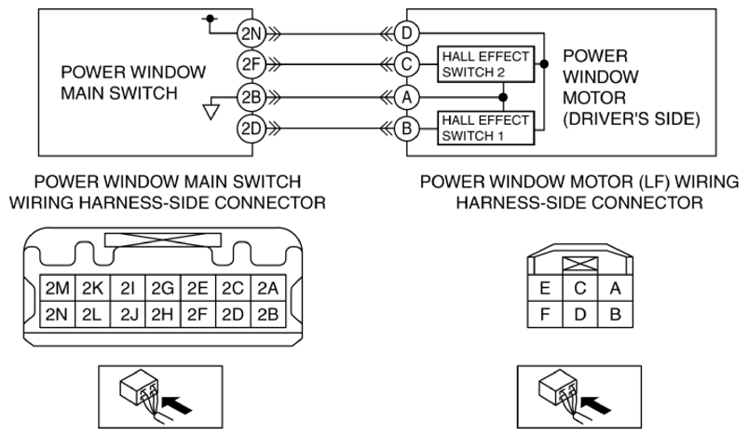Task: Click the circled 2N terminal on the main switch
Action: coord(251,33)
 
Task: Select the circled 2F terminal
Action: coord(251,64)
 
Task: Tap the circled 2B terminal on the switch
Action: coord(251,96)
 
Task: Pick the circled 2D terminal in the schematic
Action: coord(251,128)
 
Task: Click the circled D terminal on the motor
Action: coord(405,33)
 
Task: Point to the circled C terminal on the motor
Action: coord(405,64)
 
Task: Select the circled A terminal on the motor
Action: coord(405,96)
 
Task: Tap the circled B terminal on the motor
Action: coord(405,128)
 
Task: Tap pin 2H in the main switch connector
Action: coord(162,313)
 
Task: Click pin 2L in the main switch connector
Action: coord(90,313)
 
